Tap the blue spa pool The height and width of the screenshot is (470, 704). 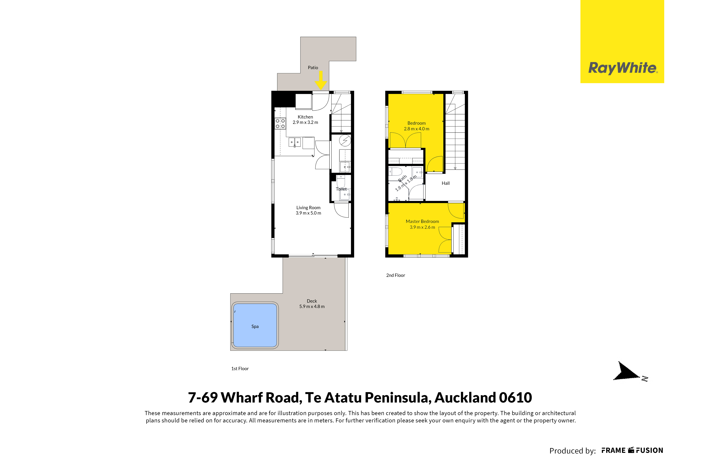click(255, 326)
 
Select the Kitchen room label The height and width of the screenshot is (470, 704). click(305, 117)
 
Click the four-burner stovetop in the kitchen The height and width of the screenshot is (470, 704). click(280, 124)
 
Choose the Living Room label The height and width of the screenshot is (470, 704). click(308, 207)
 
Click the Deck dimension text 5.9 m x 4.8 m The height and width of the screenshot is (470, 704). click(312, 306)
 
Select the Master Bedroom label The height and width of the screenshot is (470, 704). click(422, 221)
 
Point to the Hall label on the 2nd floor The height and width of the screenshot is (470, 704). click(446, 183)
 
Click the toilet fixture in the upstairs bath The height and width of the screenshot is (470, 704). click(395, 172)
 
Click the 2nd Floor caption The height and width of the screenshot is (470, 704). click(396, 275)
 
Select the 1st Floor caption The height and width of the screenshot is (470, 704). click(240, 369)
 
